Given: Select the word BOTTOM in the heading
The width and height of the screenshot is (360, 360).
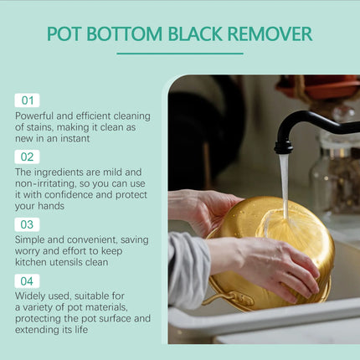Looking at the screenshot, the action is tap(124, 33).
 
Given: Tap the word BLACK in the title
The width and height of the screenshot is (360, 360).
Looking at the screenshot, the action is tap(195, 33).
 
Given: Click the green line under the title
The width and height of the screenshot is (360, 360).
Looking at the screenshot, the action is tap(180, 54).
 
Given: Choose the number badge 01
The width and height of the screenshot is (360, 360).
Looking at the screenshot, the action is tap(27, 100).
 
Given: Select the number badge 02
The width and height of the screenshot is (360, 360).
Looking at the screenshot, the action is tap(27, 157).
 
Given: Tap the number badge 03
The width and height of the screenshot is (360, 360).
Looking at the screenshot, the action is tap(27, 224).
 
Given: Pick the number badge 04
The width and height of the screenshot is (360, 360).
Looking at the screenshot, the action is tap(27, 281).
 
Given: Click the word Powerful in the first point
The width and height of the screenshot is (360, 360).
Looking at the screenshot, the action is tap(34, 116).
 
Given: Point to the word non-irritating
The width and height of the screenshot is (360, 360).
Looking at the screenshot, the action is tap(45, 183).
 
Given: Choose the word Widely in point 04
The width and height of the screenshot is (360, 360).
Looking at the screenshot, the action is tap(29, 296).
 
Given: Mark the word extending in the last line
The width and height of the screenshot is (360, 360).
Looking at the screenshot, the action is tap(33, 330).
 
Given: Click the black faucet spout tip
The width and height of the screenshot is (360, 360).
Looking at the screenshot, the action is tap(284, 150).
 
